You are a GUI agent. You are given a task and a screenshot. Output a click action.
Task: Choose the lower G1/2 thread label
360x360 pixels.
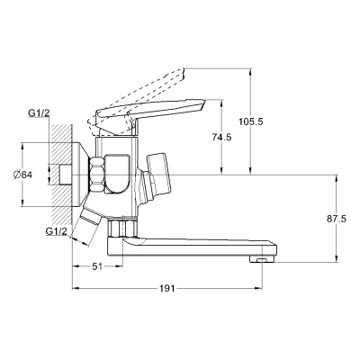click(56, 232)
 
